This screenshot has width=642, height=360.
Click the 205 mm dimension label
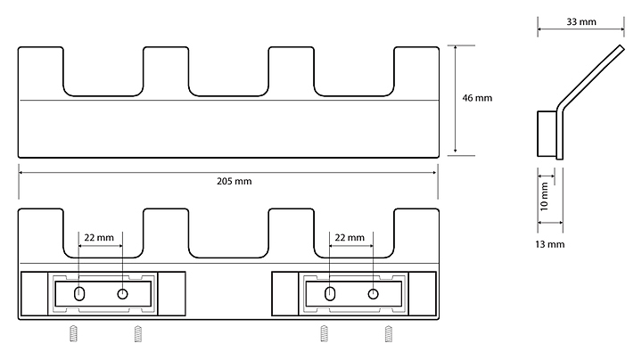click(x=234, y=182)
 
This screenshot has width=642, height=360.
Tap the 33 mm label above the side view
click(x=581, y=20)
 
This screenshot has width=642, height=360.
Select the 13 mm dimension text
click(x=549, y=243)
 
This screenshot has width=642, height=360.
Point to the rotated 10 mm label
click(x=545, y=193)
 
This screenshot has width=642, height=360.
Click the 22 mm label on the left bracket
click(x=98, y=238)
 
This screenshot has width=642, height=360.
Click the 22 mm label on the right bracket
click(x=349, y=238)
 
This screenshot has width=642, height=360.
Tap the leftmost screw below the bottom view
click(x=73, y=333)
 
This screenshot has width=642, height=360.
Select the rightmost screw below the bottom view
click(x=388, y=333)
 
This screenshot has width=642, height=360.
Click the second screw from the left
click(x=137, y=333)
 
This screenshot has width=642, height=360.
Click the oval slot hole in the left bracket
click(x=79, y=294)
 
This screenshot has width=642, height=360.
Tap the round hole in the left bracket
click(x=122, y=294)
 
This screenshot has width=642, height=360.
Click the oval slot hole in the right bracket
click(x=330, y=294)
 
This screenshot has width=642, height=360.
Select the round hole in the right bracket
click(x=373, y=294)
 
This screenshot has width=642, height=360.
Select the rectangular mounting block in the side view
click(x=547, y=133)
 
